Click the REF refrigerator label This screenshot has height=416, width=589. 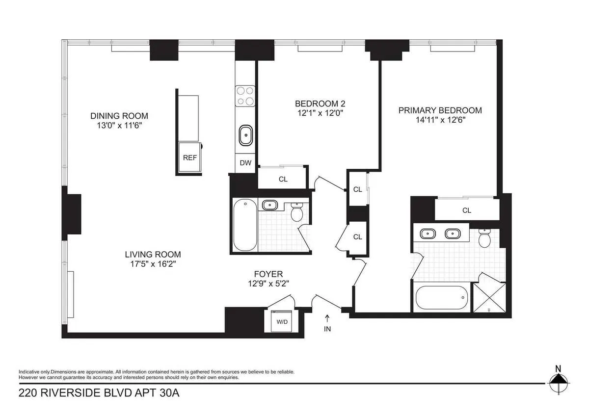[x=189, y=158]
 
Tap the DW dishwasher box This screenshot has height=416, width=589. [x=245, y=163]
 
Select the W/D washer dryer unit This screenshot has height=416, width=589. [x=282, y=322]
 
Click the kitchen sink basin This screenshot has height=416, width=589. [x=245, y=135]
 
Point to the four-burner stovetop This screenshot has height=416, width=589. [x=245, y=96]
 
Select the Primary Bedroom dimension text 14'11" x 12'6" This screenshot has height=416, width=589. [x=440, y=120]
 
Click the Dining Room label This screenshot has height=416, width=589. [x=119, y=116]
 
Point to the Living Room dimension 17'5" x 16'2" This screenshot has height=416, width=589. [x=153, y=264]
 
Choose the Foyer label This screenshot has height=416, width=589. [x=268, y=274]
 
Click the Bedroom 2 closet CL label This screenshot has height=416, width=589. [x=283, y=179]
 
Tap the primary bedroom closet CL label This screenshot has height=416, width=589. [x=466, y=210]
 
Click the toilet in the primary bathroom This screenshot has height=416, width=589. [x=484, y=239]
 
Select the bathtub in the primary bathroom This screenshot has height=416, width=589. [x=440, y=298]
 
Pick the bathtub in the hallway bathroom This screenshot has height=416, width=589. [x=244, y=225]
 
